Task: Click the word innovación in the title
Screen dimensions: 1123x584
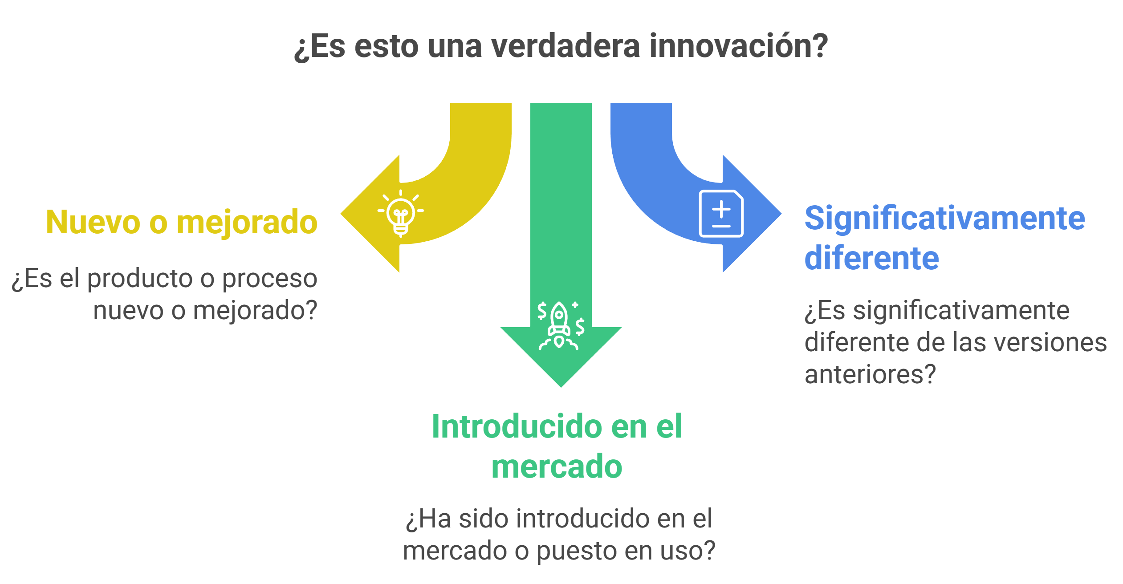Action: point(738,46)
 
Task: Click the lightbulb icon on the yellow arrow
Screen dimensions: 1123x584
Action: point(401,214)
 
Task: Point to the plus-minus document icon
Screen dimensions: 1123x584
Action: point(721,214)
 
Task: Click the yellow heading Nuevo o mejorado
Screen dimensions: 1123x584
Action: point(182,222)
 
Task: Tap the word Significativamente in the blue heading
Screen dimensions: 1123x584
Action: point(945,218)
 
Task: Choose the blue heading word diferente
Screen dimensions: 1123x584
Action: point(872,258)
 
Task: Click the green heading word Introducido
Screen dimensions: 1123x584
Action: point(517,426)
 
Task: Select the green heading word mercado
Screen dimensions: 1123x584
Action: point(557,466)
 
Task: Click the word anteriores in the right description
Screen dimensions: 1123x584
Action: point(865,374)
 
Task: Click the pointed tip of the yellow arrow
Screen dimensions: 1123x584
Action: point(341,214)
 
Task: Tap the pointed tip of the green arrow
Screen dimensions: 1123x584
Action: point(561,387)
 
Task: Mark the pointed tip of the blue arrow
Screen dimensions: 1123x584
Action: point(781,214)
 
